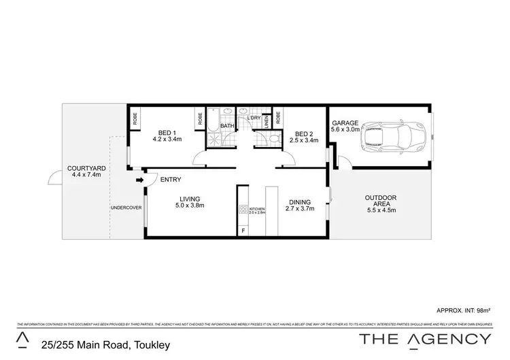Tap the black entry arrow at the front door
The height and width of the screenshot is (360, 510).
point(139,180)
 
